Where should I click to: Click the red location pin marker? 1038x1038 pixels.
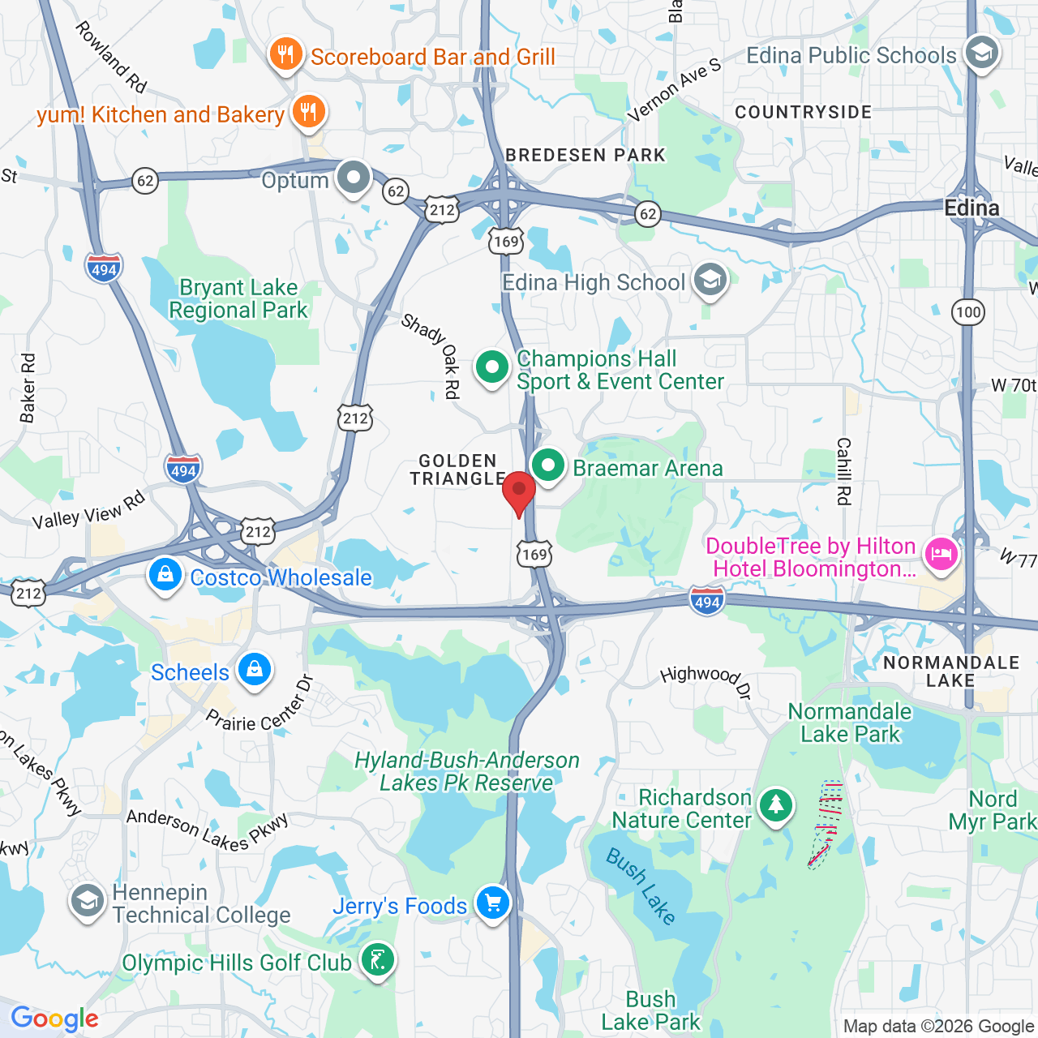click(x=519, y=491)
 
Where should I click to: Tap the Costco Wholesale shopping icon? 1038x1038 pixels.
click(x=165, y=575)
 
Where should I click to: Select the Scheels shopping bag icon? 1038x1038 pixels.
click(x=255, y=671)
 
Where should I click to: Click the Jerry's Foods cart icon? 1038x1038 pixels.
click(x=492, y=903)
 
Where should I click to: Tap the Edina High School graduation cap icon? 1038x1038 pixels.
click(x=710, y=281)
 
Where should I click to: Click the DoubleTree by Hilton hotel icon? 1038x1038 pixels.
click(x=941, y=555)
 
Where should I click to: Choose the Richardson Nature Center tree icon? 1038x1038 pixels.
click(x=776, y=805)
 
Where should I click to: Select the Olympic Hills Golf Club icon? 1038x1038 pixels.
click(x=377, y=961)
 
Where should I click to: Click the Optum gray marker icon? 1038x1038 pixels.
click(x=354, y=177)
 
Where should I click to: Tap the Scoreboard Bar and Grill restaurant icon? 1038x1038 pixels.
click(x=285, y=54)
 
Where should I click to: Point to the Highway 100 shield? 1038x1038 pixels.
click(x=968, y=312)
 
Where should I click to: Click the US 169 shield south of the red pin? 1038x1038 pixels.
click(x=534, y=555)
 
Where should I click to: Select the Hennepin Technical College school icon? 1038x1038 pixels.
click(x=87, y=902)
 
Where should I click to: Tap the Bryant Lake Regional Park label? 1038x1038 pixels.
click(x=238, y=299)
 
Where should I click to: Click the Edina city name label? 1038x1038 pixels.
click(x=972, y=208)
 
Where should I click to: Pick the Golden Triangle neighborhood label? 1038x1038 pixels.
click(x=457, y=470)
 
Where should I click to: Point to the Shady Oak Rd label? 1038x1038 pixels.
click(x=433, y=356)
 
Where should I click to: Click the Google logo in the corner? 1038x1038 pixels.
click(x=54, y=1019)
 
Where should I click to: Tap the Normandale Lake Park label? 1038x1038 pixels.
click(x=850, y=723)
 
